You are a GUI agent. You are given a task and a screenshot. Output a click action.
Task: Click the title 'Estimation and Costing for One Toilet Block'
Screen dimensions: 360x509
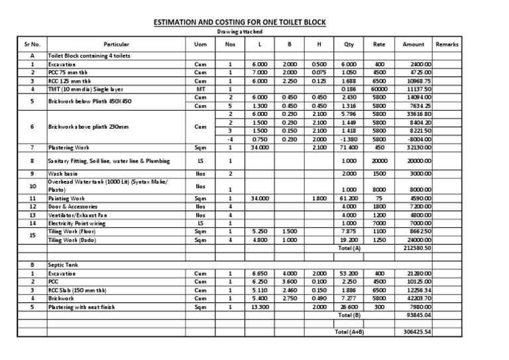[240, 22]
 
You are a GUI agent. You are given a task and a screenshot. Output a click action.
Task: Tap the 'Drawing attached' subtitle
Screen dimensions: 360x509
[240, 32]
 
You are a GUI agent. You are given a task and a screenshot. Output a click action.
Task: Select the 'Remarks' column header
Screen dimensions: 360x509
[447, 44]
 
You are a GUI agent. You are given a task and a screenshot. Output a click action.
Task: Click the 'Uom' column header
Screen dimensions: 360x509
[199, 44]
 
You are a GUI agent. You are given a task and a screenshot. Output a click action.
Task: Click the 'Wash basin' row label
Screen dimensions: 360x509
[63, 174]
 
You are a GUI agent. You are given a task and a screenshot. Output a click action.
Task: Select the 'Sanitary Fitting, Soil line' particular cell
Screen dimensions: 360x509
[109, 160]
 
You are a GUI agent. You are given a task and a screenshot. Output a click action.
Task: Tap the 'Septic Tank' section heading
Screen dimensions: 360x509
[62, 264]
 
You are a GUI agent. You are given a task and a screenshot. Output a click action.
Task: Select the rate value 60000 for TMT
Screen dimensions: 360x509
[379, 88]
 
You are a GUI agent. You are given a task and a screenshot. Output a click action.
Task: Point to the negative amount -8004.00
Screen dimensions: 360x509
[419, 139]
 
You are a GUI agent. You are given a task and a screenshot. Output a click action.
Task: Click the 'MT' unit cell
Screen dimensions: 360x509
[199, 88]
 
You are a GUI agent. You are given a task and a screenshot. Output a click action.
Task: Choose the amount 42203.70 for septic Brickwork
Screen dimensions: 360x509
[419, 298]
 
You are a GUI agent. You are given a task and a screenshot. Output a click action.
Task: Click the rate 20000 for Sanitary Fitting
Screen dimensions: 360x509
[379, 160]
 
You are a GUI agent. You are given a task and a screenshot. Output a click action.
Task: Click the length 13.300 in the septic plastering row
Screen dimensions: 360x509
[260, 307]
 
